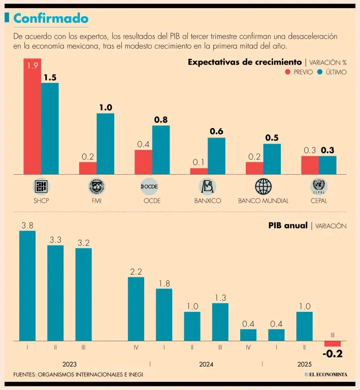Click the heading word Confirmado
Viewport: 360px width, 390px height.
click(x=51, y=18)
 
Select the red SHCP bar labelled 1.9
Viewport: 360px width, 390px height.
click(x=32, y=117)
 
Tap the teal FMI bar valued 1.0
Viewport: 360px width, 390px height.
click(x=105, y=144)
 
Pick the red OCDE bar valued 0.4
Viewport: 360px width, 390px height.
click(x=143, y=162)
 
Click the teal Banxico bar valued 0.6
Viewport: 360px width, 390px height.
click(x=216, y=156)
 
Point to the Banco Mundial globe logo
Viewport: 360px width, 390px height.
click(x=263, y=187)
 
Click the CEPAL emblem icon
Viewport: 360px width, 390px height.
click(x=319, y=187)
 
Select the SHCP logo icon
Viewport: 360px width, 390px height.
click(x=41, y=187)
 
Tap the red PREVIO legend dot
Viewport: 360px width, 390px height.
click(x=288, y=72)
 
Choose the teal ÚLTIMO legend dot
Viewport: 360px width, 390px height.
click(x=320, y=72)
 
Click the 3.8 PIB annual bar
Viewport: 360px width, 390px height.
click(x=27, y=285)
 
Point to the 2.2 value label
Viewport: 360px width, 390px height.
click(x=136, y=272)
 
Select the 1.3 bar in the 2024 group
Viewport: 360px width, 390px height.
click(x=220, y=321)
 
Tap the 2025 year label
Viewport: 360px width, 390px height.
click(x=305, y=364)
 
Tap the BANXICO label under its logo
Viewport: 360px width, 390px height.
click(x=208, y=201)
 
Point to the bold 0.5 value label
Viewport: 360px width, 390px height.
click(x=272, y=138)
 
